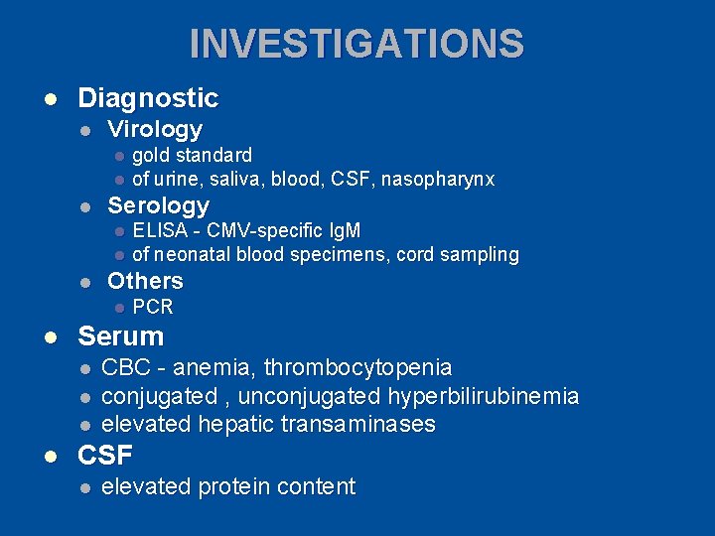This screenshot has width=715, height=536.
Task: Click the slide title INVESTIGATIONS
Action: [357, 44]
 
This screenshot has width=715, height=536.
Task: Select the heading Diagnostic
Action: [148, 98]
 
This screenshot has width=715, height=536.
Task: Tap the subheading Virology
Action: [155, 129]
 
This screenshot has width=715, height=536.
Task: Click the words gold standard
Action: [192, 156]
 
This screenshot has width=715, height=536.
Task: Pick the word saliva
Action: [224, 180]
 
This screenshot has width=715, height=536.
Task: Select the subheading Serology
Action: [158, 205]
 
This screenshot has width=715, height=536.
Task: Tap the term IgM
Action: [341, 231]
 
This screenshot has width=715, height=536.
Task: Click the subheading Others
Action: [145, 281]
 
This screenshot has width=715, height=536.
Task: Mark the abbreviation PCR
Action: [153, 307]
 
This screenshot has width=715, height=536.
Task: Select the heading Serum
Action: [120, 336]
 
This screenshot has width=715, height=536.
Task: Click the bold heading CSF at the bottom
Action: [105, 456]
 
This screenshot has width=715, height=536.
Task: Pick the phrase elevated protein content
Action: [228, 486]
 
